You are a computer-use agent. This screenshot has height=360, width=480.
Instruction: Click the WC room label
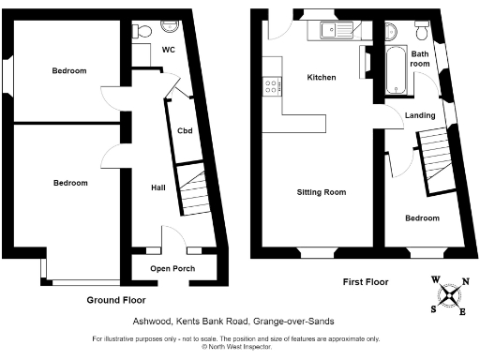click(170, 50)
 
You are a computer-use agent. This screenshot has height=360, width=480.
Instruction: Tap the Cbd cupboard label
click(185, 130)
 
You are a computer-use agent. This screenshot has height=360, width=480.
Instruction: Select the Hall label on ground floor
click(158, 187)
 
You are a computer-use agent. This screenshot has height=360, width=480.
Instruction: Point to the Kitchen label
click(322, 77)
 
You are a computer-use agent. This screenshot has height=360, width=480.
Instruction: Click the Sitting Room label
click(322, 192)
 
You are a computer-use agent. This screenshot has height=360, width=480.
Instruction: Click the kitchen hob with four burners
click(272, 87)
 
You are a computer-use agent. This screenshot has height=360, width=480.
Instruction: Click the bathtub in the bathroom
click(392, 69)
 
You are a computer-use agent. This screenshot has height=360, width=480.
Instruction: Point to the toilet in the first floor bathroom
click(423, 33)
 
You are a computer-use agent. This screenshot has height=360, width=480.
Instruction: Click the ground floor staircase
click(193, 195)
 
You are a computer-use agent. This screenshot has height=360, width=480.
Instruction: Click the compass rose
click(450, 295)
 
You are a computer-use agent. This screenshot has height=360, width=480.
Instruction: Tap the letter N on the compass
click(466, 280)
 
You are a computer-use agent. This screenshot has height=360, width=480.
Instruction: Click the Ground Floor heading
click(115, 300)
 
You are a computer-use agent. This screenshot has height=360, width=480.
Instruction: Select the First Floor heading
click(366, 281)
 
